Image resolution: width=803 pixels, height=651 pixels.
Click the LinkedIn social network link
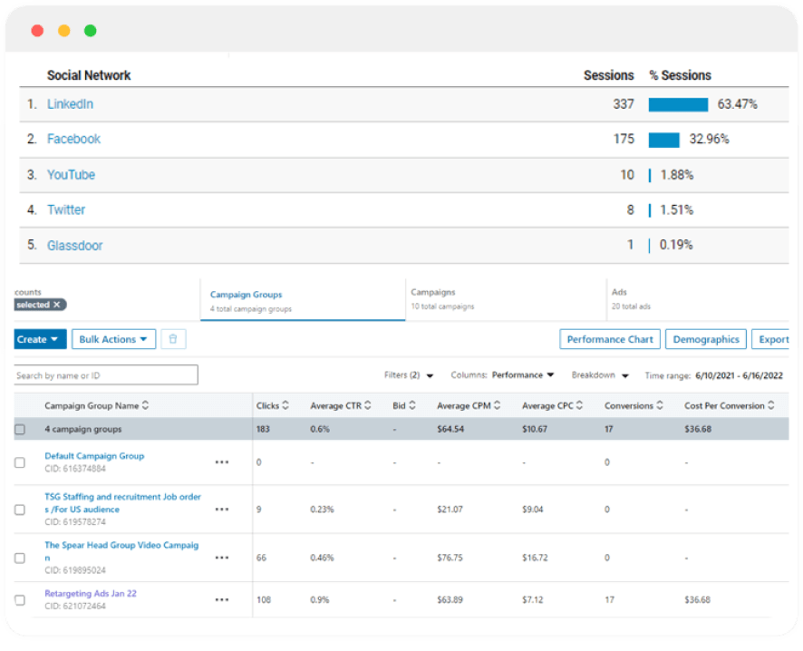pos(70,104)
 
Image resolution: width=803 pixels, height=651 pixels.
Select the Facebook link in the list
pos(73,139)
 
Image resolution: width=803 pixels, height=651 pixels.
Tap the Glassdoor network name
pos(74,245)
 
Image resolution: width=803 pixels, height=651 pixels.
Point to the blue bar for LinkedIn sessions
pos(678,104)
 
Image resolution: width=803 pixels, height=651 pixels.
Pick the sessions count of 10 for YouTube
pos(626,175)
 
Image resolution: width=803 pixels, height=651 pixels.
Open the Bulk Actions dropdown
pos(113,339)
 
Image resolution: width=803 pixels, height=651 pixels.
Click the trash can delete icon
pos(173,339)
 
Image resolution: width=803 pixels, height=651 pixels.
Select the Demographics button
pos(706,339)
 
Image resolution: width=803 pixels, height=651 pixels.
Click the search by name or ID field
pos(106,375)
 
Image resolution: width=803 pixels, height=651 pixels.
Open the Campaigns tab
pos(433,293)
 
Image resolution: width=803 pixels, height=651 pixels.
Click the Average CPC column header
pos(552,406)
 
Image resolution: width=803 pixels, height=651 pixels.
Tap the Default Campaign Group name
pos(94,456)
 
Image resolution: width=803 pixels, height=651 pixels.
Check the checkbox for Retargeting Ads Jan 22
pos(20,600)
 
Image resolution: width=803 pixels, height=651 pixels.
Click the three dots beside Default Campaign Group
pos(222,462)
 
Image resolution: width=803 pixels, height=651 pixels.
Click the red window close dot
pos(37,31)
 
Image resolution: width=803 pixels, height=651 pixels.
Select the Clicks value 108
pos(265,600)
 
